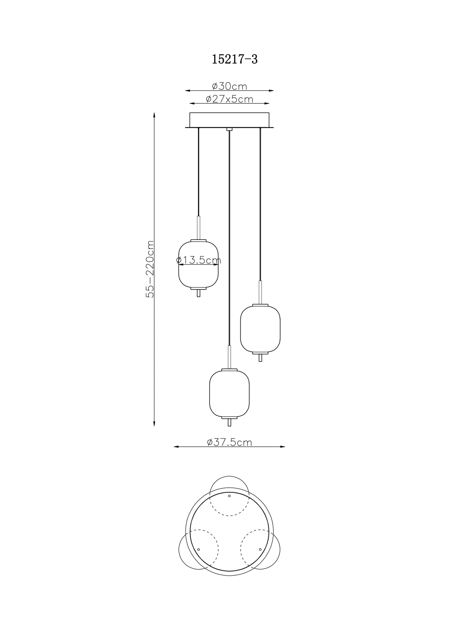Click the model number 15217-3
234,59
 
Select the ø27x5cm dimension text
230,99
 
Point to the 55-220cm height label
150,269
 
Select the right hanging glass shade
260,329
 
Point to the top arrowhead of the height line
154,115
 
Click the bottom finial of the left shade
198,293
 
